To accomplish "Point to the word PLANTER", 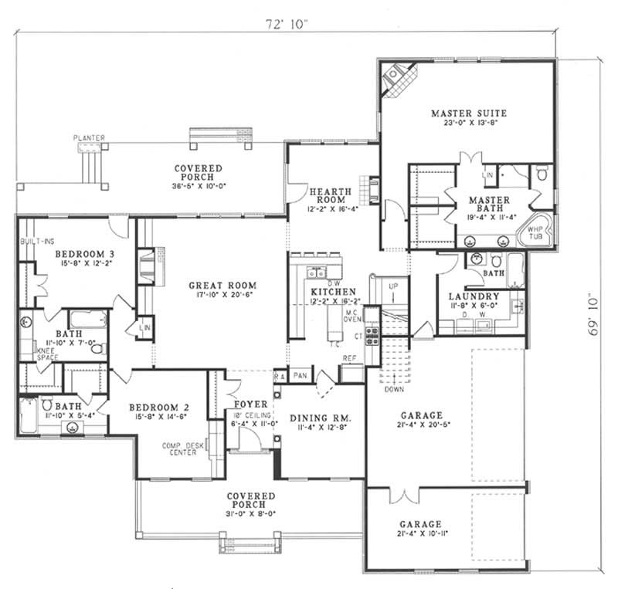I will (89, 137).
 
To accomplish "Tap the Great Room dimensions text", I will (222, 296).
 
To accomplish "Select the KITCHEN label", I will (328, 292).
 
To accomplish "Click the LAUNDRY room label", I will (474, 296).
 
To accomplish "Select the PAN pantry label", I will (300, 375).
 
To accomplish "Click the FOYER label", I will (250, 404).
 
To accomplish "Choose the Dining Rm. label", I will (321, 418).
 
